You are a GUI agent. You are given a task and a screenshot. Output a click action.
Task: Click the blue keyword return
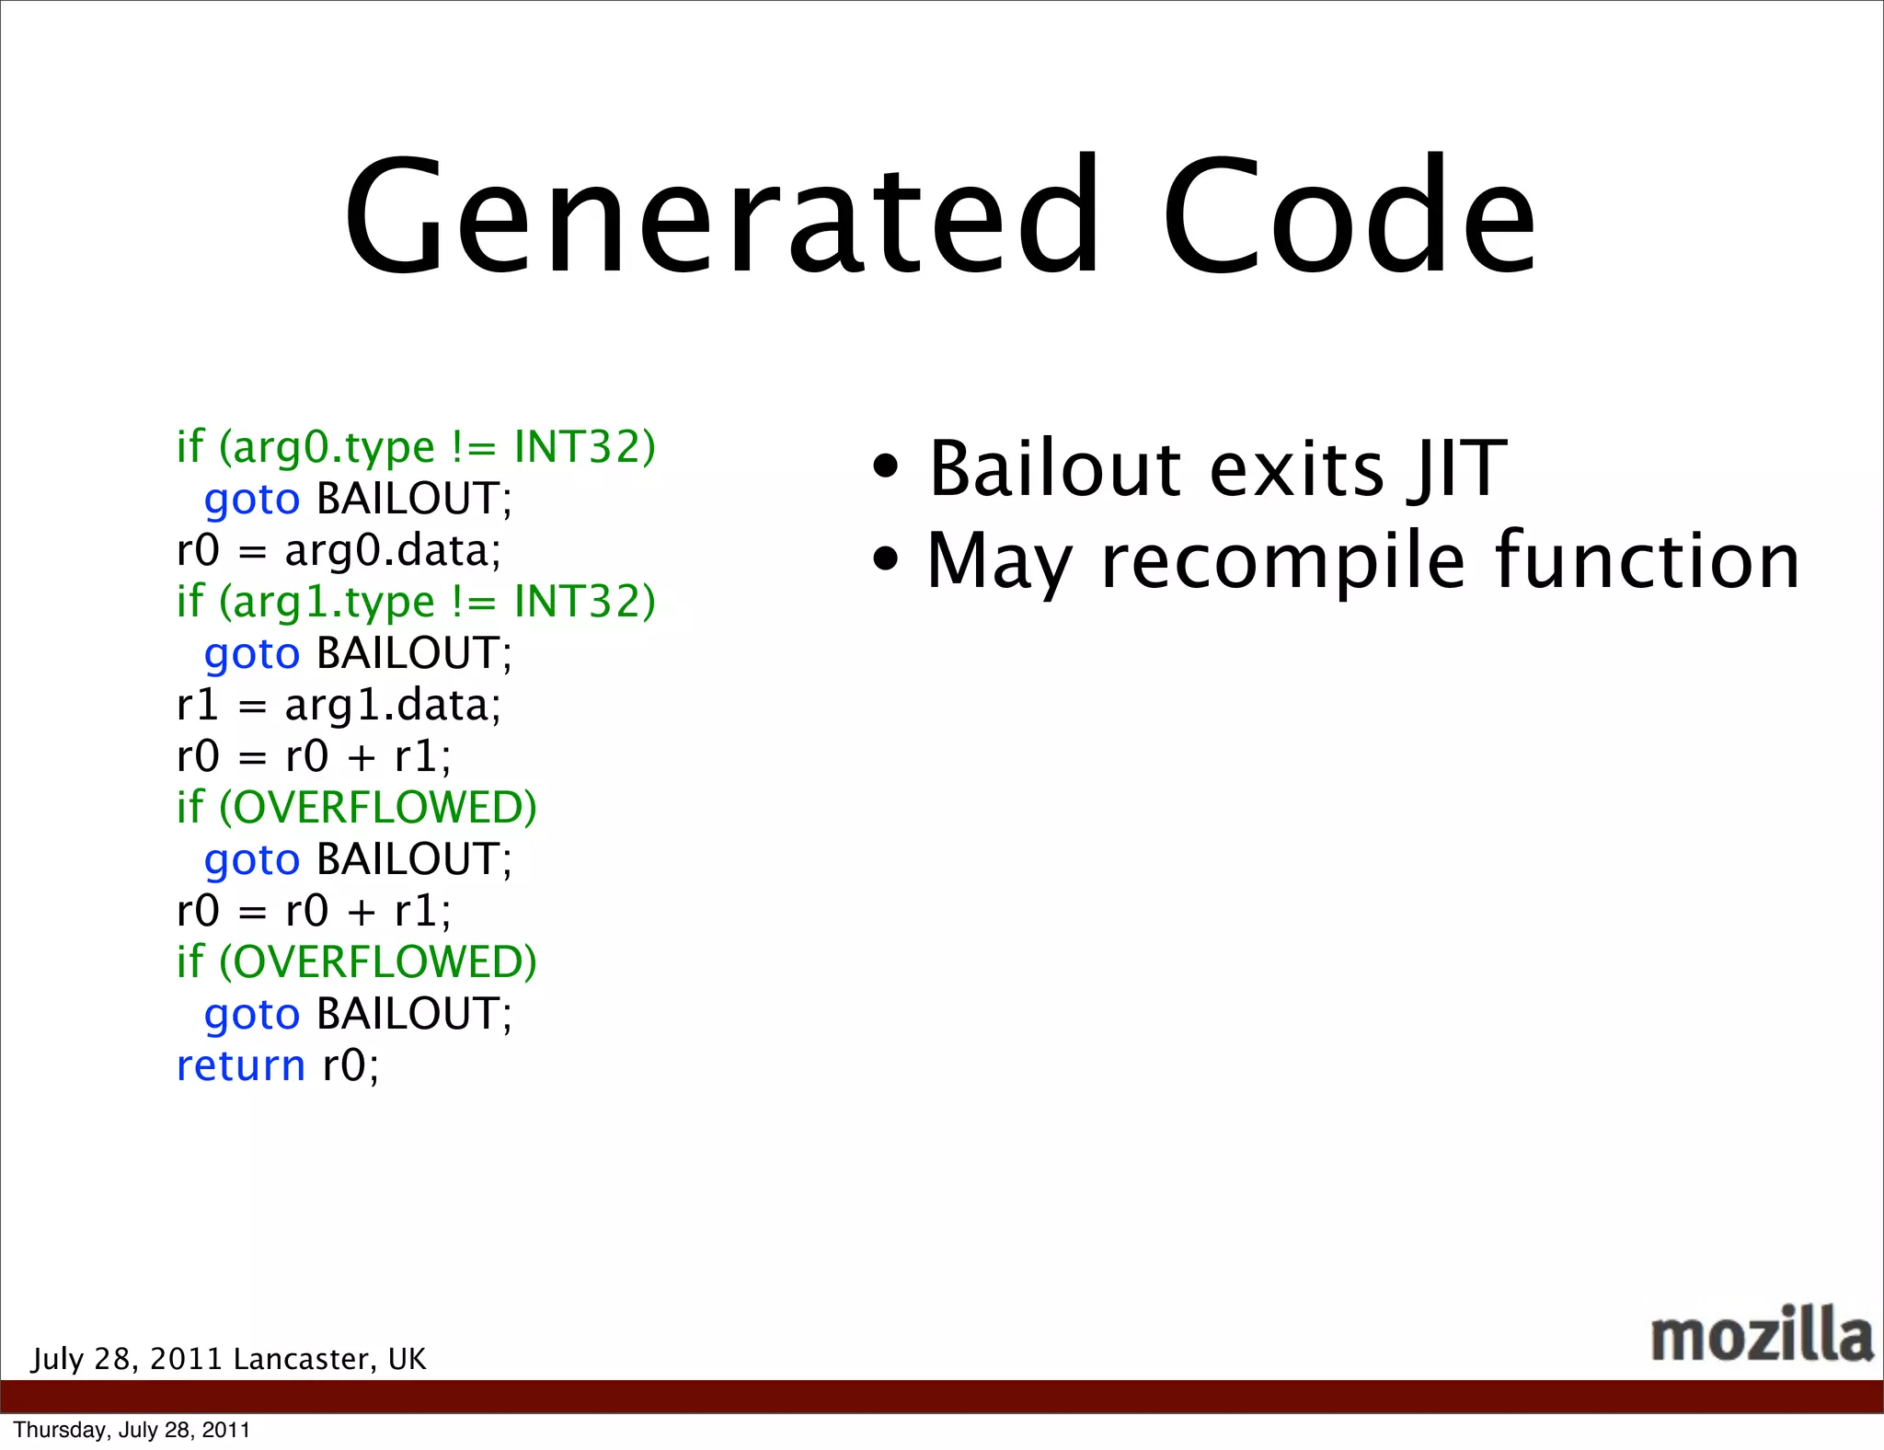[x=240, y=1065]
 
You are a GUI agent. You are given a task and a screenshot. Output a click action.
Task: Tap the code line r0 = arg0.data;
[x=339, y=550]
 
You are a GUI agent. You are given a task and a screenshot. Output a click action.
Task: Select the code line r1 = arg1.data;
[x=339, y=705]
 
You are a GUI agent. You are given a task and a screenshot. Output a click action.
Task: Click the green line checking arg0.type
[x=416, y=447]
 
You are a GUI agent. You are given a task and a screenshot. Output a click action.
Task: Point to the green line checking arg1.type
[x=416, y=602]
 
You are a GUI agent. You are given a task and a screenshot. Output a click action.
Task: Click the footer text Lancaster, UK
[x=329, y=1359]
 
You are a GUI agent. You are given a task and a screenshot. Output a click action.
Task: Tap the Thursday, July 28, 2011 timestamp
[x=132, y=1430]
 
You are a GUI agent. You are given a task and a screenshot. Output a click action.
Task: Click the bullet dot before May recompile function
[x=885, y=558]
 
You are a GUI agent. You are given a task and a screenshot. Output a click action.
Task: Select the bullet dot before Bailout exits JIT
[x=885, y=466]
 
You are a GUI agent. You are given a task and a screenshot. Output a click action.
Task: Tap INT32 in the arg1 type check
[x=583, y=602]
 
